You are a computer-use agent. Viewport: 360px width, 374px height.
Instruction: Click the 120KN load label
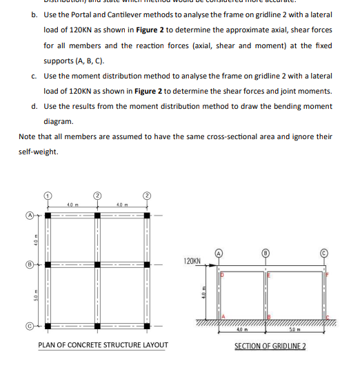click(192, 262)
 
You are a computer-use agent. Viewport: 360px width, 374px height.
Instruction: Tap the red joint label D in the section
click(222, 276)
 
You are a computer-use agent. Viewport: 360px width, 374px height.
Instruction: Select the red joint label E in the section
click(270, 276)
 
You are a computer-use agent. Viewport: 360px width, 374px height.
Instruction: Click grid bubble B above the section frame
click(266, 253)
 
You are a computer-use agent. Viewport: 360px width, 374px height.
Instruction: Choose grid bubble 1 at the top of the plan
click(48, 196)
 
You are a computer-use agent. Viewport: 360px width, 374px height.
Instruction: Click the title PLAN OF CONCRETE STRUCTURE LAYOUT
click(103, 345)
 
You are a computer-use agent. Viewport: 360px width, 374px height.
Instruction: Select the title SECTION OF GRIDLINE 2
click(270, 345)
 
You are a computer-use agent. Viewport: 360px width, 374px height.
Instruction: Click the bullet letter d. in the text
click(34, 106)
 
